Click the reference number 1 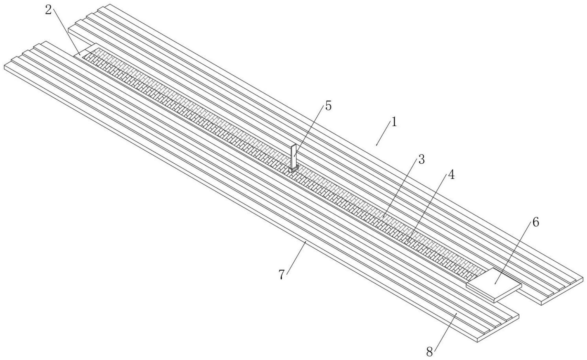click(x=394, y=122)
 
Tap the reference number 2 click(x=49, y=10)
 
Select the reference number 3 click(x=421, y=160)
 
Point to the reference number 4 click(x=451, y=175)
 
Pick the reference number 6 click(x=535, y=222)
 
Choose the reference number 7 click(x=282, y=275)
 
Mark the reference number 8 click(x=429, y=351)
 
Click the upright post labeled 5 click(x=293, y=156)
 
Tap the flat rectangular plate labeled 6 click(x=493, y=283)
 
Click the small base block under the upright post click(x=293, y=169)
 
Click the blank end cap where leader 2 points click(x=84, y=51)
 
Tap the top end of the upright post click(x=293, y=146)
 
